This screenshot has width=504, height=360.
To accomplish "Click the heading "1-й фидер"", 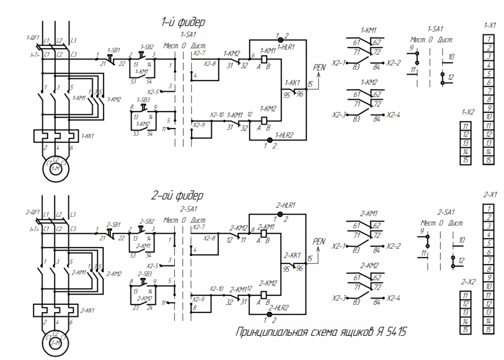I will pyautogui.click(x=183, y=22).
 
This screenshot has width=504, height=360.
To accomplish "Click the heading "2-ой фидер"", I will pyautogui.click(x=177, y=196).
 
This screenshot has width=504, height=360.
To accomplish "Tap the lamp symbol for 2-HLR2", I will pyautogui.click(x=269, y=314).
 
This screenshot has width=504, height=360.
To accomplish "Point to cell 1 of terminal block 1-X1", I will pyautogui.click(x=489, y=39).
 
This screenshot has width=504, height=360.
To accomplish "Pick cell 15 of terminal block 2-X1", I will pyautogui.click(x=489, y=329).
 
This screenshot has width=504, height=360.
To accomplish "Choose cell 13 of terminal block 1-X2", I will pyautogui.click(x=466, y=143).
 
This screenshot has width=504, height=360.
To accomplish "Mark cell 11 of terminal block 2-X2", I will pyautogui.click(x=466, y=295).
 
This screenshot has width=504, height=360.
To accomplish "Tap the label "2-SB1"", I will pyautogui.click(x=114, y=224).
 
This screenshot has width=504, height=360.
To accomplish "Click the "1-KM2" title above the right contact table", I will pyautogui.click(x=369, y=82).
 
